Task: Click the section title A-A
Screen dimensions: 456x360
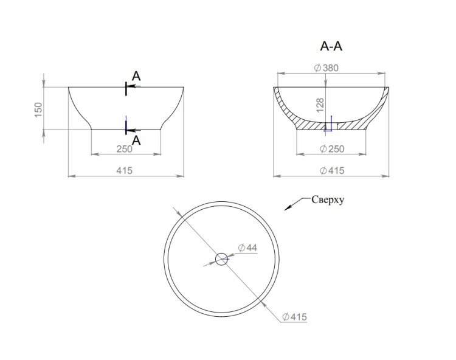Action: click(x=331, y=46)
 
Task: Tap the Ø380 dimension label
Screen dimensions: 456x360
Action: click(x=326, y=68)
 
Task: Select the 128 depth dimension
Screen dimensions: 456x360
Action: click(x=320, y=105)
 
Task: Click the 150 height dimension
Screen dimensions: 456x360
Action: click(x=38, y=109)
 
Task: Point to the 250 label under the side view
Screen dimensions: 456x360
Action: click(x=125, y=149)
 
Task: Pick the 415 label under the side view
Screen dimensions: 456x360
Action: click(x=125, y=170)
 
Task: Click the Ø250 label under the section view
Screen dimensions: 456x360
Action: click(x=332, y=149)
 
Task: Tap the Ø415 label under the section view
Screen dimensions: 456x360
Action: click(x=332, y=170)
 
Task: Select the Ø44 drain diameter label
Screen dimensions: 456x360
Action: click(x=247, y=247)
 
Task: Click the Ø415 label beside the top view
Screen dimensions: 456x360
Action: click(x=294, y=317)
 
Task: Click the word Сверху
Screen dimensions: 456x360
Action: click(x=328, y=200)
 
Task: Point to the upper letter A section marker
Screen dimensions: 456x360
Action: click(x=136, y=76)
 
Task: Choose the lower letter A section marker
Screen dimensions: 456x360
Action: click(x=136, y=140)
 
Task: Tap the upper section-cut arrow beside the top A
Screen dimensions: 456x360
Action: click(x=134, y=86)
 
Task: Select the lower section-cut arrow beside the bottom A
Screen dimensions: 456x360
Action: click(x=134, y=131)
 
